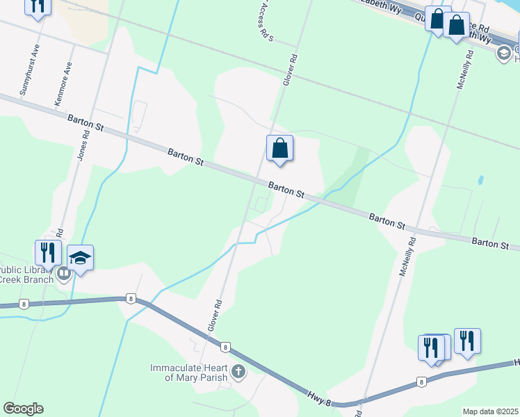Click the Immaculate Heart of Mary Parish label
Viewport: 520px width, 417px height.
click(x=190, y=373)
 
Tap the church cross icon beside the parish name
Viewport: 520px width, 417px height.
click(x=238, y=372)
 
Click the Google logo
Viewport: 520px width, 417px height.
click(x=23, y=409)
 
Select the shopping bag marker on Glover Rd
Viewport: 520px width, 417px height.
click(x=279, y=149)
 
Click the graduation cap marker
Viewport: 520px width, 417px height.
click(x=81, y=258)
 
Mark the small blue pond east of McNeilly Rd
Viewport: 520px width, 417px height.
click(x=480, y=180)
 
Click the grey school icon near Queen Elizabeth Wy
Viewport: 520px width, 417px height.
click(x=503, y=54)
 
